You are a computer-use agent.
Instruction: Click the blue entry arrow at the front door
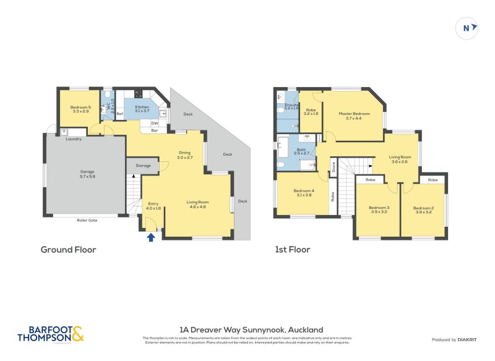[x=150, y=237]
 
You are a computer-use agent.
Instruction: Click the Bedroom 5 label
[x=80, y=109]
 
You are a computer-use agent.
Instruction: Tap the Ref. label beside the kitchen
[x=120, y=114]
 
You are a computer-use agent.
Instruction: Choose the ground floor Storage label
[x=143, y=165]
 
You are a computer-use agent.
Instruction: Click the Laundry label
[x=74, y=138]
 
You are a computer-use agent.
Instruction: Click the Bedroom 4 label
[x=304, y=192]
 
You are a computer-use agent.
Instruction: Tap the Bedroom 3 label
[x=378, y=210]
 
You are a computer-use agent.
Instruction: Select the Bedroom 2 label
[x=423, y=210]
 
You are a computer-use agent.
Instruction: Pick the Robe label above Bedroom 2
[x=433, y=179]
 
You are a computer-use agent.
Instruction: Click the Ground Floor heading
[x=68, y=250]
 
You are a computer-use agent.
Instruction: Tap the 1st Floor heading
[x=293, y=250]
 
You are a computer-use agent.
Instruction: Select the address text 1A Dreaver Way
[x=251, y=329]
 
